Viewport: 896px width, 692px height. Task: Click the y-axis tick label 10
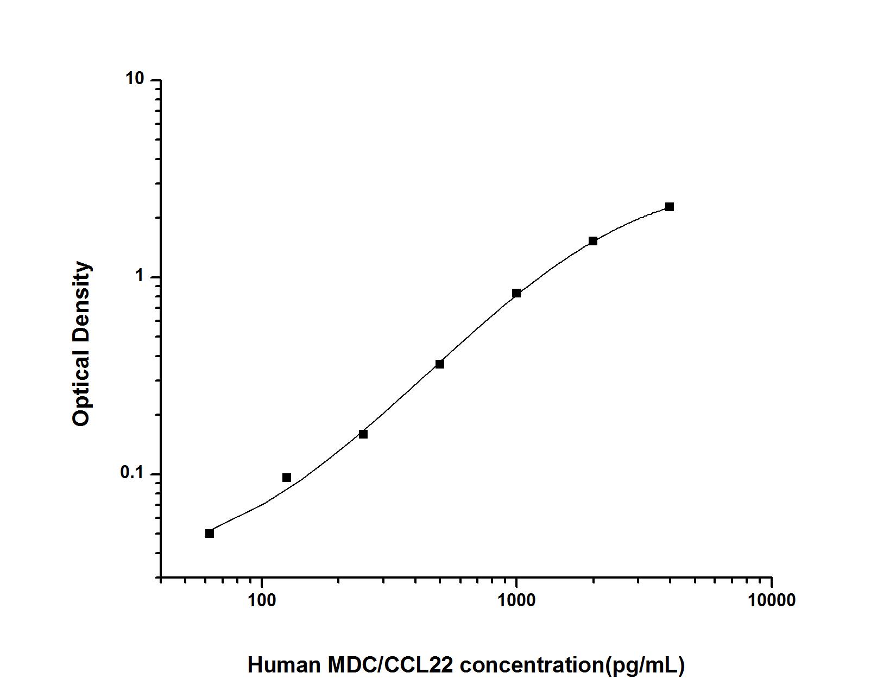coord(135,79)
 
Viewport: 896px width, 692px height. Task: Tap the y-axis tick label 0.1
coord(132,473)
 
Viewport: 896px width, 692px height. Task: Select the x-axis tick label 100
coord(262,600)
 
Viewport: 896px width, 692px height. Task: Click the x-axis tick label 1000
coord(516,600)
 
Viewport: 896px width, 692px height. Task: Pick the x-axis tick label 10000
coord(771,600)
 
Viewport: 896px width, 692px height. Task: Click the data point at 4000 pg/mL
coord(670,207)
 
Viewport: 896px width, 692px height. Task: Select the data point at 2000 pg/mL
coord(593,241)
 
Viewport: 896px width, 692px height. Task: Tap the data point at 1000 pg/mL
coord(516,294)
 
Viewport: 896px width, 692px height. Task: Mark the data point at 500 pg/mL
coord(440,364)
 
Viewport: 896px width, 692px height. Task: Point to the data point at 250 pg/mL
coord(363,434)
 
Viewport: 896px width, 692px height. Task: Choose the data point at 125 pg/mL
coord(287,478)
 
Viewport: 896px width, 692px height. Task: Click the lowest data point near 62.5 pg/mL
coord(210,534)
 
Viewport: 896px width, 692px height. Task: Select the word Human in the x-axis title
coord(283,665)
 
